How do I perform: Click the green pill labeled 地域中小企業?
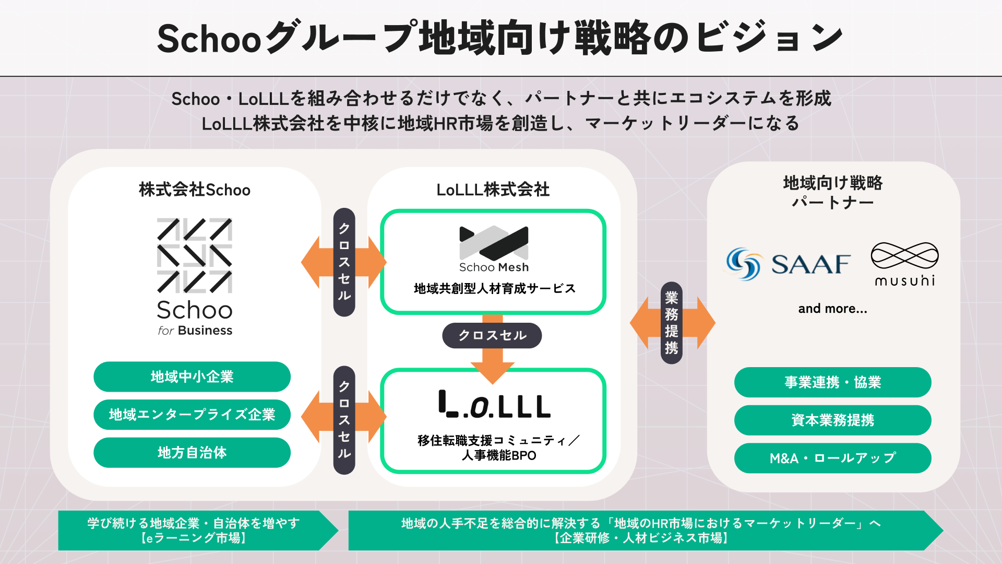[192, 377]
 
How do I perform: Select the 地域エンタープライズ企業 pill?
[192, 415]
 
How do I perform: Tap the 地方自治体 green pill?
[192, 452]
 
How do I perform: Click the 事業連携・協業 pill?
[832, 382]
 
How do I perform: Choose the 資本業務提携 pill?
[832, 420]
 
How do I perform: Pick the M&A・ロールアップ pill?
[832, 458]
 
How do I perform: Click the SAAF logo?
[788, 264]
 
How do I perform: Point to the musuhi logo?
[904, 264]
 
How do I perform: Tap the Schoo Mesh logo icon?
[494, 243]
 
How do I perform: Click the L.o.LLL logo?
[494, 405]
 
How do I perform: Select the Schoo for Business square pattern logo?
[195, 255]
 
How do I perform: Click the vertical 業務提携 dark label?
[672, 323]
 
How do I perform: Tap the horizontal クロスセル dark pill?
[492, 335]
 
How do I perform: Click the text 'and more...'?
[832, 309]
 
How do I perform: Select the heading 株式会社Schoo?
[195, 190]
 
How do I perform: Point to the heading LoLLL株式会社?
[493, 190]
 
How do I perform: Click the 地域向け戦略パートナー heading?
[832, 192]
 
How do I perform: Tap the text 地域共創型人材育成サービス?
[494, 288]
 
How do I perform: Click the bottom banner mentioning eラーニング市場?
[194, 530]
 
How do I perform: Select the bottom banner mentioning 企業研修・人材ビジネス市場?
[640, 530]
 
